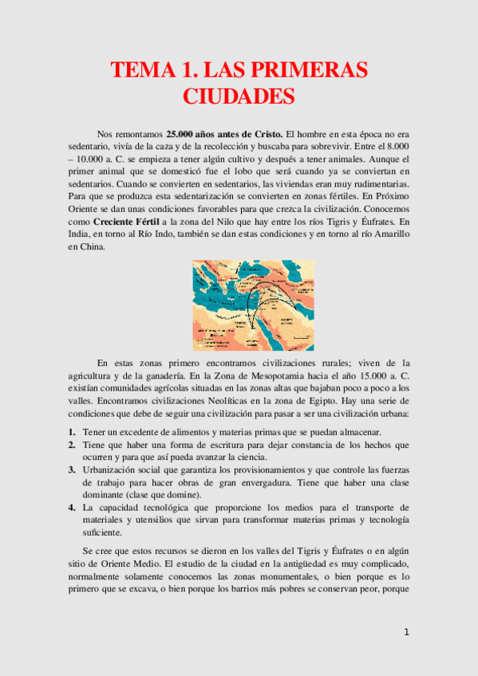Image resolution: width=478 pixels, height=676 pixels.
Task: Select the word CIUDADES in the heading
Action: [x=239, y=96]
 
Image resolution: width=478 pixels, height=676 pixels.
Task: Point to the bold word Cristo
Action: [x=264, y=134]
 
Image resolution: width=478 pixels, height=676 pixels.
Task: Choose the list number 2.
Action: [x=70, y=444]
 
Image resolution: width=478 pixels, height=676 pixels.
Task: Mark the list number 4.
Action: [x=70, y=508]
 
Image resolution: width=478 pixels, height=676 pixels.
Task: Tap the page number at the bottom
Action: [x=406, y=633]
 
